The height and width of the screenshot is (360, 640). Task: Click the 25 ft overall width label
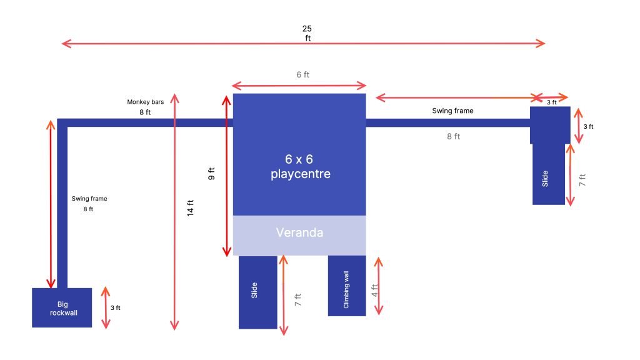tap(307, 34)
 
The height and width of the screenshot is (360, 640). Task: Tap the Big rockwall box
tap(62, 307)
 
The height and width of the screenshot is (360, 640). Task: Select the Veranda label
tap(299, 232)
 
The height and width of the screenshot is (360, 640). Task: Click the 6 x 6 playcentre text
tap(300, 166)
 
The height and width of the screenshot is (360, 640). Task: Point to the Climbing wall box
tap(347, 286)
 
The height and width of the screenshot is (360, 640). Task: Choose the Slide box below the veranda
tap(258, 292)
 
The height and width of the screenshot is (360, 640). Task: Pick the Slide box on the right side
tap(549, 174)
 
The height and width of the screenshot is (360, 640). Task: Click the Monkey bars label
tap(145, 102)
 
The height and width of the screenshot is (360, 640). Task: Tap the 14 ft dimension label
tap(190, 207)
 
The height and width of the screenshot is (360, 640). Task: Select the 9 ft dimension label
tap(211, 174)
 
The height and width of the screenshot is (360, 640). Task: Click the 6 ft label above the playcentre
tap(303, 75)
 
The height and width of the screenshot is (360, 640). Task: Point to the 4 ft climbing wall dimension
tap(375, 290)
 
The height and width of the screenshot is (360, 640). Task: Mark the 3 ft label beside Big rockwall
tap(116, 307)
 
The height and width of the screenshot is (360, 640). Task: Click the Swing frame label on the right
tap(452, 111)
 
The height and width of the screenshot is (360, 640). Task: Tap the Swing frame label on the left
tap(89, 199)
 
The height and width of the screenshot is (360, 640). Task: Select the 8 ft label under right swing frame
tap(454, 136)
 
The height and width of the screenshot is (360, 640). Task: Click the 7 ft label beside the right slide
tap(582, 180)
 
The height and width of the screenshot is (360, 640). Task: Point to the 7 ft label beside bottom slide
tap(298, 299)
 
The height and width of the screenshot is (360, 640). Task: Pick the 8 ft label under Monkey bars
tap(145, 112)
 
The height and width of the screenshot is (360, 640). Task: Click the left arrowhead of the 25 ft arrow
tap(62, 43)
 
